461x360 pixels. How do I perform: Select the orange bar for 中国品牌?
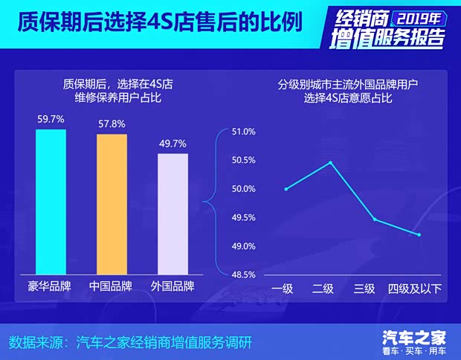(112, 205)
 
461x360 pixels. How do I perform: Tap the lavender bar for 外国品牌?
(173, 214)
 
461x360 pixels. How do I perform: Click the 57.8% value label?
(112, 123)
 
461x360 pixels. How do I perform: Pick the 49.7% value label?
(173, 143)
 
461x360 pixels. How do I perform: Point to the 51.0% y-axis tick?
(244, 132)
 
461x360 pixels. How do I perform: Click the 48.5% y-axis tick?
(244, 274)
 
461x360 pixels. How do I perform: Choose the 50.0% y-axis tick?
(244, 189)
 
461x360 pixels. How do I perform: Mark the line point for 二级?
(330, 163)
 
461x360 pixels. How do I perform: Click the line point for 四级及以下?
(419, 235)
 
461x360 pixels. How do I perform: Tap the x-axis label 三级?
(364, 289)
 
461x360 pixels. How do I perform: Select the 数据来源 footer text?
(131, 343)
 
